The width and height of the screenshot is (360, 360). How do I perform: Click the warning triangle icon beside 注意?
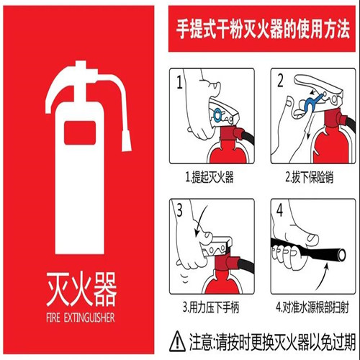177,336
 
